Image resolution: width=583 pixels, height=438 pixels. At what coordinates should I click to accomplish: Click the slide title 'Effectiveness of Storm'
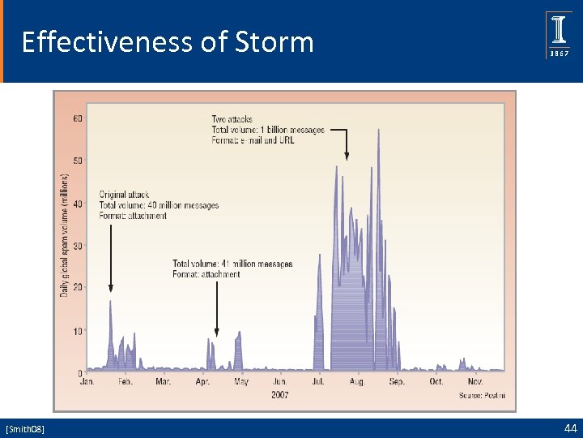168,41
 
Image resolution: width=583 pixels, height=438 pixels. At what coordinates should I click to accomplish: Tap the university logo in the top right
559,35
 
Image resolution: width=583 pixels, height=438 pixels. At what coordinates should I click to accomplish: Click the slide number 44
569,427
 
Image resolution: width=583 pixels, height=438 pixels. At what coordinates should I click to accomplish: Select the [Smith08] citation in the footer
25,428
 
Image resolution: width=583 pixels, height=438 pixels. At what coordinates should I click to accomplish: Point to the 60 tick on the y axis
78,118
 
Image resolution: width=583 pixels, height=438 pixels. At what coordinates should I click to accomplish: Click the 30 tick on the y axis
78,246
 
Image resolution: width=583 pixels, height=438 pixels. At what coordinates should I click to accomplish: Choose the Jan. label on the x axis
87,381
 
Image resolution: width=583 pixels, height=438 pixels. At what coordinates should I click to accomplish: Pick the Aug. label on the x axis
358,381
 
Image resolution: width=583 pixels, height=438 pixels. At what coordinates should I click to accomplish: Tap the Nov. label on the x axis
475,381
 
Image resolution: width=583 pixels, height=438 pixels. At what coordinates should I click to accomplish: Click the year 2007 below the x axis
281,394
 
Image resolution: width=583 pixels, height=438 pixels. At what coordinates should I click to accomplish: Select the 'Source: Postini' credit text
481,395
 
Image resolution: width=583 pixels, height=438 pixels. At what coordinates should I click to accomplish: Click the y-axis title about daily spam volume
64,234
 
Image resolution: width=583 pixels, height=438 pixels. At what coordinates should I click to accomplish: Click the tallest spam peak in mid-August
378,131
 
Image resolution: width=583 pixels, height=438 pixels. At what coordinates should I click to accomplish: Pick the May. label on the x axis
241,381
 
